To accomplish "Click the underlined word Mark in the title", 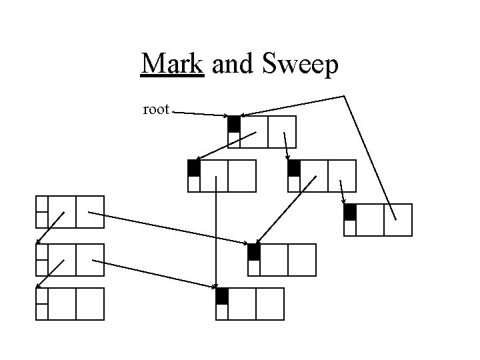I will coord(172,65).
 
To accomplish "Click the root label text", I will coord(156,109).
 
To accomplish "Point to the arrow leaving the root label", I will coord(200,114).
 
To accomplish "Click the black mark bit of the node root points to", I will coord(233,124).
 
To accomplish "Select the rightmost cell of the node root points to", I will coord(281,131).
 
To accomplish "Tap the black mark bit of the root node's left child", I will coord(194,168).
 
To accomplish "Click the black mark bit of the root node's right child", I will coord(294,168).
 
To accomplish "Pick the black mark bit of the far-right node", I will coord(350,212).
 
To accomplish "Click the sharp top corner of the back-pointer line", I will coord(344,97).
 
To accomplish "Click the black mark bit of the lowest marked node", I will coord(222,296).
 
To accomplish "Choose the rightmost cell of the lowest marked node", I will coord(270,304).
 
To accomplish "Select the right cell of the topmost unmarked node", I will coord(90,212).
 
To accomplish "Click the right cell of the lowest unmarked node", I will coord(90,304).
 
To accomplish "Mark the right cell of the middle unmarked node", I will coord(90,259).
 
